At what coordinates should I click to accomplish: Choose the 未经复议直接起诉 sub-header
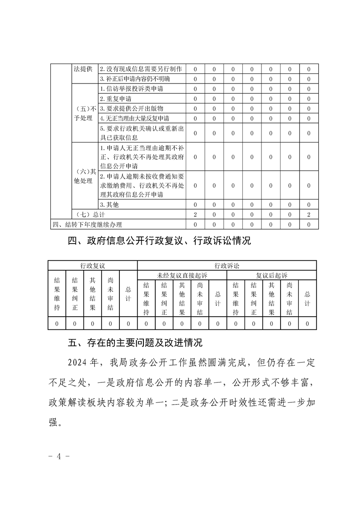(x=182, y=275)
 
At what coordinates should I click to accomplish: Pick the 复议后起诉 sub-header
(x=271, y=275)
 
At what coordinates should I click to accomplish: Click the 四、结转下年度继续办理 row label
(x=87, y=224)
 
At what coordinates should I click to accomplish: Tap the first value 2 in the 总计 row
(x=195, y=215)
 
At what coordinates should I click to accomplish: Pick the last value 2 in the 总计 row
(x=309, y=215)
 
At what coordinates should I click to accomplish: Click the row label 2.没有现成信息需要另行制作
(x=141, y=69)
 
